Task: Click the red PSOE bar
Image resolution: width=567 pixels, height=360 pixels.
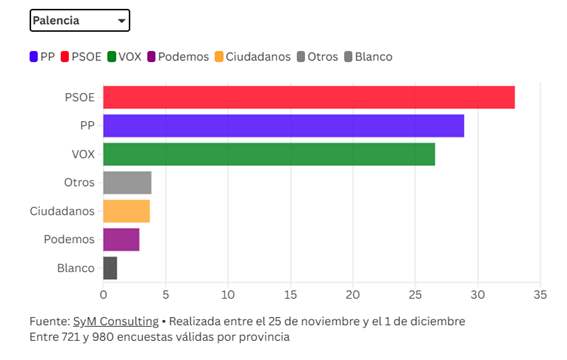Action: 308,97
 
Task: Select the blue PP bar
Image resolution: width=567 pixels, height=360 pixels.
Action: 283,126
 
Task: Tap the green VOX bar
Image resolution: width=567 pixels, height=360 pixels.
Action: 269,154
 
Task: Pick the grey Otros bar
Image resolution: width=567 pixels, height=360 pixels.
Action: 127,183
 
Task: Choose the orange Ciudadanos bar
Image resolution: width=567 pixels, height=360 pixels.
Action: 126,211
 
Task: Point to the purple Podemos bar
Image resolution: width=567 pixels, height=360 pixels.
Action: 121,240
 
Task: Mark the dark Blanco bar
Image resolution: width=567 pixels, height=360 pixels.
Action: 110,268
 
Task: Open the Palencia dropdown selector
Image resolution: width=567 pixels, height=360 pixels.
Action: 80,20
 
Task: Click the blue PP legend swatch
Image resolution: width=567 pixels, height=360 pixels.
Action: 34,56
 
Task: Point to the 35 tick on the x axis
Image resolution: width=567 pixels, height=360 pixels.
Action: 540,295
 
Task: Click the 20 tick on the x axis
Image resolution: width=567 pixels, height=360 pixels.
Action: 353,295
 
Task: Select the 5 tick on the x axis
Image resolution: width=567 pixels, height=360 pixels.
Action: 165,295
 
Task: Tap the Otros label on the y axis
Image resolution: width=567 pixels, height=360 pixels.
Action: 78,183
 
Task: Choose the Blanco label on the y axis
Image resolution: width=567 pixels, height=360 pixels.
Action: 76,268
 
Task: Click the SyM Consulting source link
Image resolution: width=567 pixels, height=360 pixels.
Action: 115,321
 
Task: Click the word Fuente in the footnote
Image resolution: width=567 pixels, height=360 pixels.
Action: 48,321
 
